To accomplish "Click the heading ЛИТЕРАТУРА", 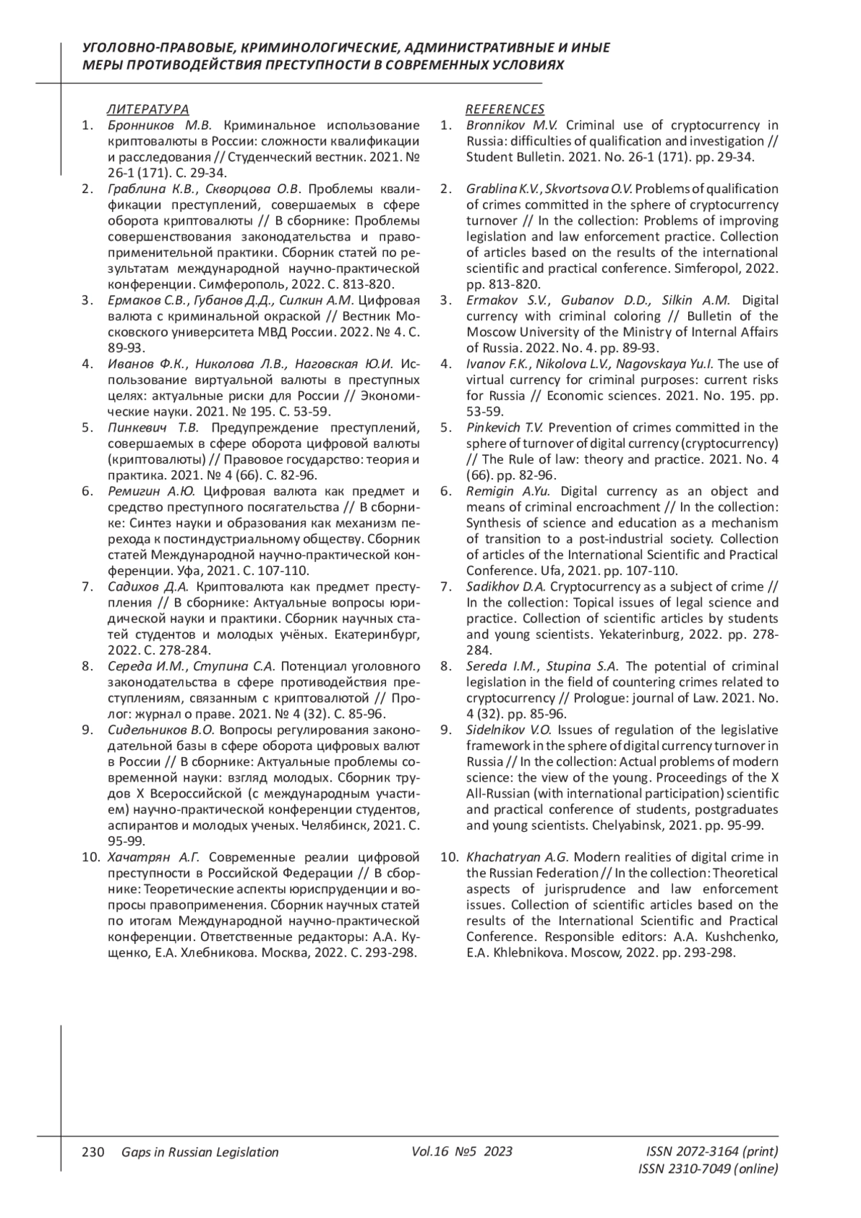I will click(x=148, y=109).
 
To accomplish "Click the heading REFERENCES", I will click(x=505, y=109).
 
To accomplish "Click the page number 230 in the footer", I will click(x=94, y=1152).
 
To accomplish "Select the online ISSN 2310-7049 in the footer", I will click(x=707, y=1169).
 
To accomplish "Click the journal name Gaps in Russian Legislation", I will click(x=200, y=1152).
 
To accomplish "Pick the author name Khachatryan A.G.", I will click(x=517, y=857).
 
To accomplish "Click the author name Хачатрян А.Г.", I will click(x=153, y=857).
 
